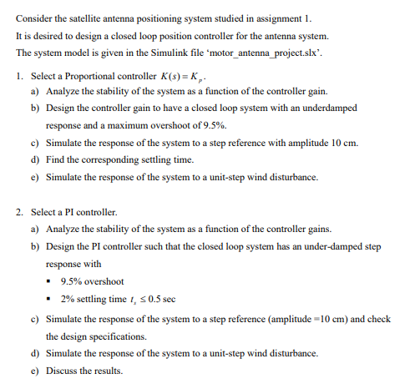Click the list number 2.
point(19,212)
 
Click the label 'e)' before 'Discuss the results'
point(34,371)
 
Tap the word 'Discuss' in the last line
point(63,371)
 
